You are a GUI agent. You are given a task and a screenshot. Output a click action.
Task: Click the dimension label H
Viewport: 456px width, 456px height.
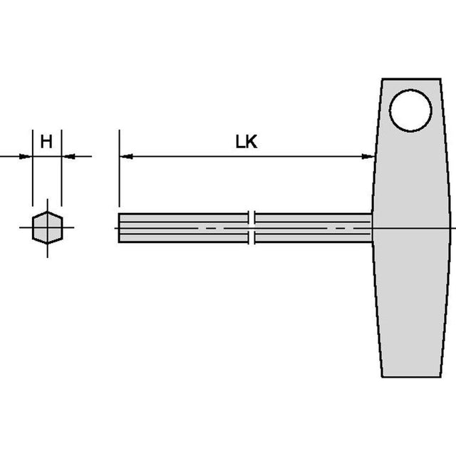pos(46,142)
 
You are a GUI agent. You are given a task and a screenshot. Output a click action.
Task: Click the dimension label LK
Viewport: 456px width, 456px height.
pos(247,142)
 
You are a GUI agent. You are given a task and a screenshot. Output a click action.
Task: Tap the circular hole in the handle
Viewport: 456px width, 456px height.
pos(410,110)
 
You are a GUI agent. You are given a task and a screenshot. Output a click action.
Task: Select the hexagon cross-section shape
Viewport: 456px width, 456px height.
pos(48,227)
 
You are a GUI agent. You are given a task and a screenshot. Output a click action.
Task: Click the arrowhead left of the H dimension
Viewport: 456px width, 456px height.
pos(25,157)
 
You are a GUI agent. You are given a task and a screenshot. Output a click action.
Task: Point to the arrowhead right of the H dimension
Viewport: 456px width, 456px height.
pos(69,157)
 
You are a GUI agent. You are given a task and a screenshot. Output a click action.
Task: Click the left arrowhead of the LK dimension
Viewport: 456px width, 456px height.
pos(127,157)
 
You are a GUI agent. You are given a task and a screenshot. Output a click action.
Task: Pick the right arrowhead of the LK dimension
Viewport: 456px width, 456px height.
pos(368,157)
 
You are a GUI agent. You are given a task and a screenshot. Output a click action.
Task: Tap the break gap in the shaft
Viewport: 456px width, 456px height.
pos(252,228)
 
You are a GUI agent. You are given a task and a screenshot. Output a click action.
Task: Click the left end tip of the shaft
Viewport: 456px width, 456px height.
pos(119,228)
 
